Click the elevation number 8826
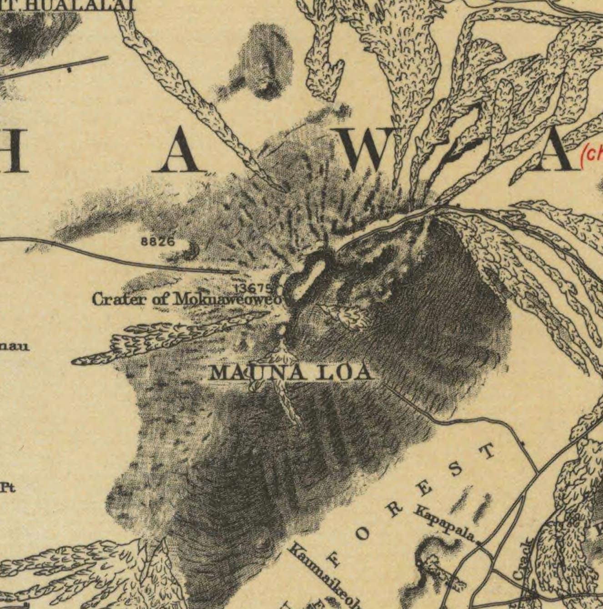[158, 242]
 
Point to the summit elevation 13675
[253, 288]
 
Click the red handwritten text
[592, 155]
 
